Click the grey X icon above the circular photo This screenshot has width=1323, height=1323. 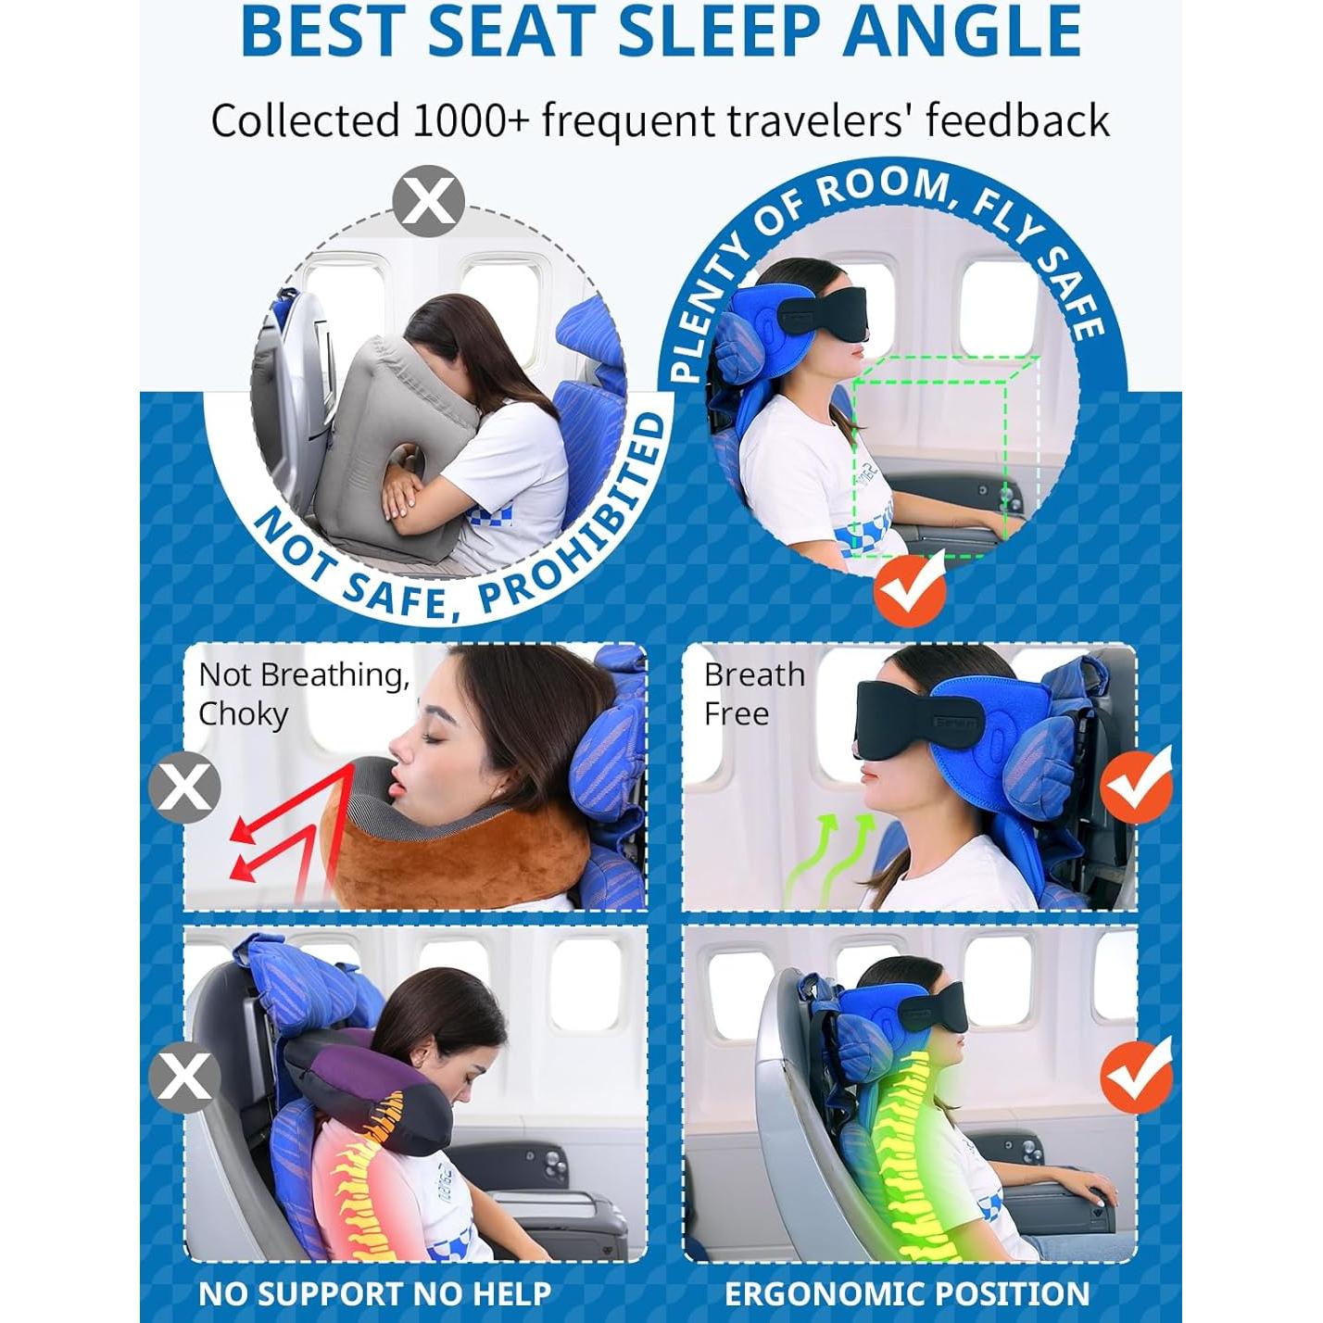(x=428, y=200)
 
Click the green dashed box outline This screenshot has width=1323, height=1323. (x=936, y=454)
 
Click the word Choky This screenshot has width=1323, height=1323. (x=243, y=714)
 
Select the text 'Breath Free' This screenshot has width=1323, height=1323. (x=752, y=694)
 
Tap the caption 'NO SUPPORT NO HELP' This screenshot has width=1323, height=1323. (x=374, y=1293)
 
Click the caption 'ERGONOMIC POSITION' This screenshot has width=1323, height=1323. (x=906, y=1293)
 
